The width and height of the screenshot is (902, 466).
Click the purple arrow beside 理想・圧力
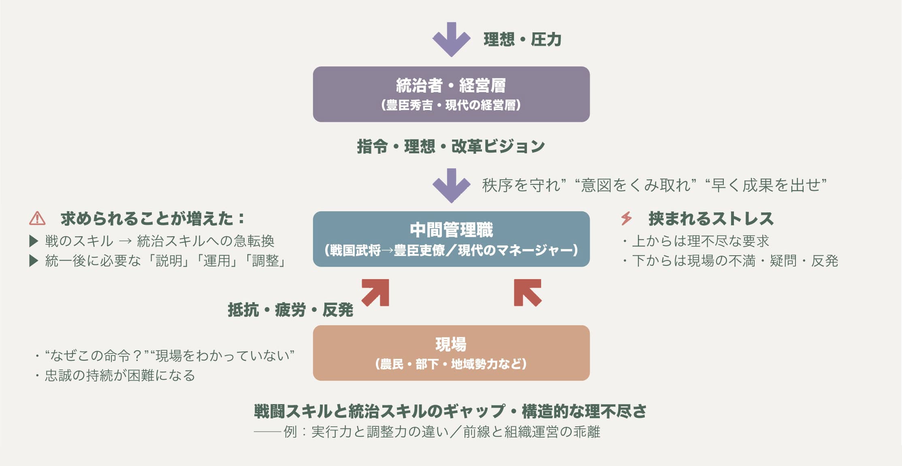pyautogui.click(x=451, y=39)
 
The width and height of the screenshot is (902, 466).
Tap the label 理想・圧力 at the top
pyautogui.click(x=522, y=40)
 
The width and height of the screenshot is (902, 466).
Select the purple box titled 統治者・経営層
pyautogui.click(x=451, y=94)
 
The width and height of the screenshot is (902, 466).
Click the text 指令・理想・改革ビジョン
pyautogui.click(x=451, y=146)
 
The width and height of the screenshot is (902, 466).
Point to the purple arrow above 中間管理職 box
pyautogui.click(x=451, y=185)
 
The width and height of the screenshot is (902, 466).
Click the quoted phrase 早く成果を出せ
pyautogui.click(x=766, y=185)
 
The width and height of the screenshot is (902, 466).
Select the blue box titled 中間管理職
pyautogui.click(x=451, y=239)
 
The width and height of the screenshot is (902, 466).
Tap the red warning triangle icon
pyautogui.click(x=37, y=218)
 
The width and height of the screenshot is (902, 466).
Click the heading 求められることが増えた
pyautogui.click(x=152, y=218)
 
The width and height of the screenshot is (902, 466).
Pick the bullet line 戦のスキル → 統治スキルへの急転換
pyautogui.click(x=159, y=241)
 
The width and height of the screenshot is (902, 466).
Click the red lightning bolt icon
pyautogui.click(x=626, y=218)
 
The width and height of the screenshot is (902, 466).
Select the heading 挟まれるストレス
pyautogui.click(x=711, y=218)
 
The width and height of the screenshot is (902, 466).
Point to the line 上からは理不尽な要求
pyautogui.click(x=700, y=241)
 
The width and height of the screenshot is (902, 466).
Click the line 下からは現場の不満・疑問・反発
pyautogui.click(x=735, y=261)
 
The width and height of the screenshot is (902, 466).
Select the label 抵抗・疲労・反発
pyautogui.click(x=290, y=310)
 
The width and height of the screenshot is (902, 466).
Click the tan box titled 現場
pyautogui.click(x=451, y=353)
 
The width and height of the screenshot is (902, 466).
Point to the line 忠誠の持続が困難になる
pyautogui.click(x=119, y=375)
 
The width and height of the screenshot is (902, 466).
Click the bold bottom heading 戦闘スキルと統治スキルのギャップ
pyautogui.click(x=450, y=411)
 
